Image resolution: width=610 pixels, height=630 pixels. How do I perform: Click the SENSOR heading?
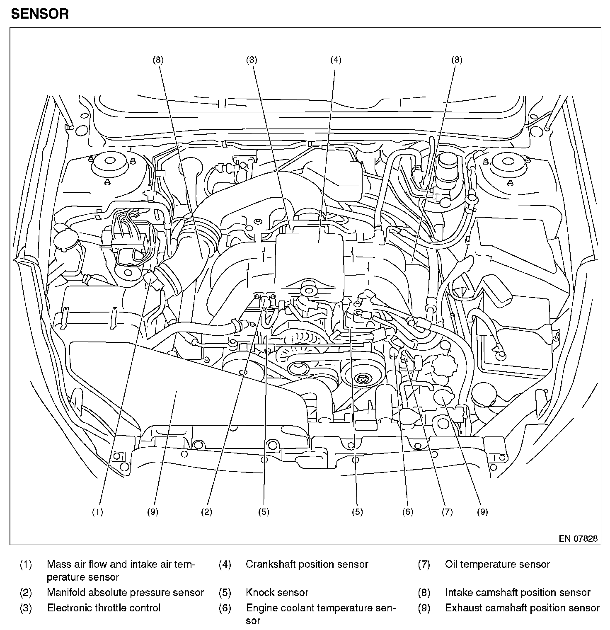click(40, 14)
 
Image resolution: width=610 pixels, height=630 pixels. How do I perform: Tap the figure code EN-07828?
click(578, 538)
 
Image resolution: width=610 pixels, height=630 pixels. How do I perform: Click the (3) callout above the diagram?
click(252, 60)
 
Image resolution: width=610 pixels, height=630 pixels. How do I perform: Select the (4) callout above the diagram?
click(336, 60)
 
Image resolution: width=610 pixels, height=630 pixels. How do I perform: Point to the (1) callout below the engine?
click(97, 512)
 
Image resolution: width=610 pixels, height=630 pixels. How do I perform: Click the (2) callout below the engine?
click(207, 512)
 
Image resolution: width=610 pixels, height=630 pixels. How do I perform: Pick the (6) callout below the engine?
click(408, 512)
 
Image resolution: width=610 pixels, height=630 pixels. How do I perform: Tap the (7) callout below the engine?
click(447, 512)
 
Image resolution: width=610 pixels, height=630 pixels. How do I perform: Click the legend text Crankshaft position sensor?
click(307, 564)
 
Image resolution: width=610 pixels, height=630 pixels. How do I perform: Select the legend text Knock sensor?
click(277, 593)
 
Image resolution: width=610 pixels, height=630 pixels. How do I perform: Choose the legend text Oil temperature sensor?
click(497, 564)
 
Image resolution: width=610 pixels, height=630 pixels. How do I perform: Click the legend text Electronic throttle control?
click(104, 608)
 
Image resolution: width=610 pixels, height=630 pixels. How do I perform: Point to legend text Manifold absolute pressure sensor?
click(125, 593)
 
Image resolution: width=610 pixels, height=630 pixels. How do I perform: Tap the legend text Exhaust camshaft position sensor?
click(522, 608)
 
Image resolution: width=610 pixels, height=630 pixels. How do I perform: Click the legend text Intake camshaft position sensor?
click(518, 593)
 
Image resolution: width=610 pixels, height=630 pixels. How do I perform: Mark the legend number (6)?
click(225, 608)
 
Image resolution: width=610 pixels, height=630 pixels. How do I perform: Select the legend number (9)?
click(424, 608)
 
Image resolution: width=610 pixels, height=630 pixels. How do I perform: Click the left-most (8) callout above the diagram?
click(158, 60)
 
